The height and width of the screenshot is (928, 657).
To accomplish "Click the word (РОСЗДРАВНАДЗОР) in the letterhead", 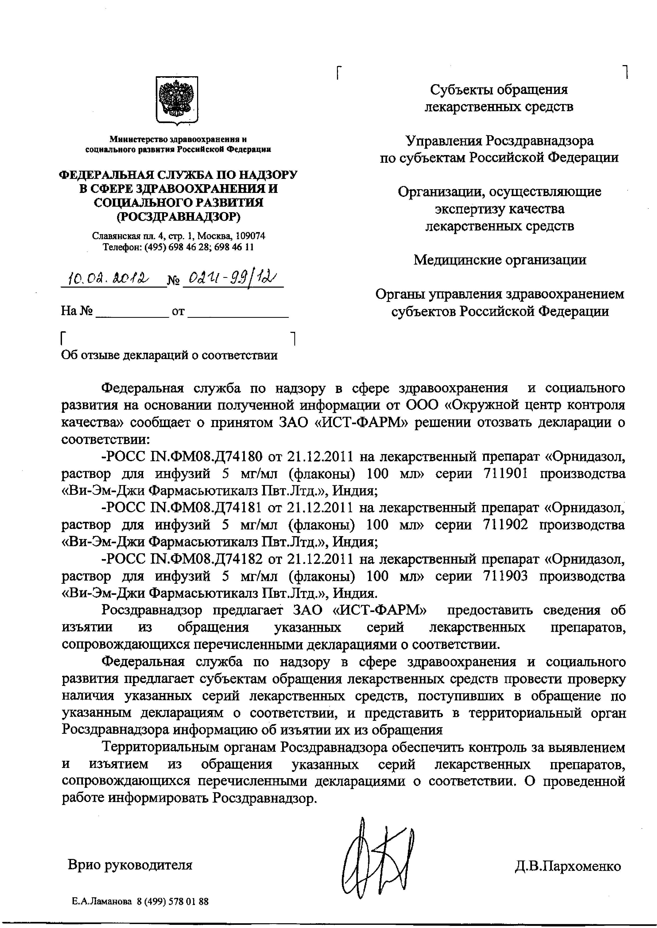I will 178,217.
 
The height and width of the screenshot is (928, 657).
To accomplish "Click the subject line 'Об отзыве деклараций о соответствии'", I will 169,355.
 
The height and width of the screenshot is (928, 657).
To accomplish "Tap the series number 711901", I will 505,473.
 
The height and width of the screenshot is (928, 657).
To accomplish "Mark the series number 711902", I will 505,525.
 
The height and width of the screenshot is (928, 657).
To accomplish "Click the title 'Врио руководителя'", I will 130,865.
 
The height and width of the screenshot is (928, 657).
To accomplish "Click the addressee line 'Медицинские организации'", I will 500,260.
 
